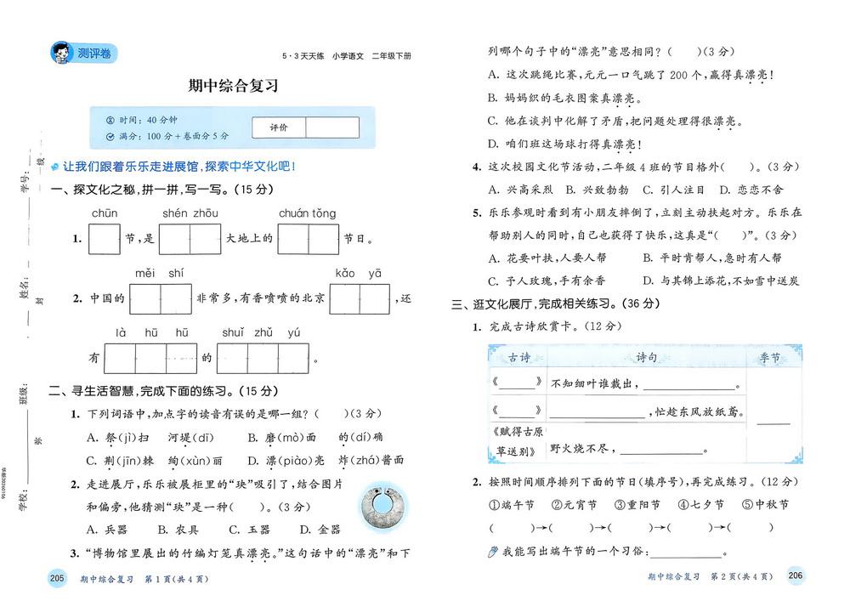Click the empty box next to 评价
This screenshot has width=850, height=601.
[333, 127]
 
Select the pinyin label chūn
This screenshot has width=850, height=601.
[105, 213]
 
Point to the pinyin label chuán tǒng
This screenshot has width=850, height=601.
[307, 213]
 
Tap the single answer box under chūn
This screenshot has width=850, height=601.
[105, 239]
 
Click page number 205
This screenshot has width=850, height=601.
[57, 578]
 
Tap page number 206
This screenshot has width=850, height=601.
[796, 576]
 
